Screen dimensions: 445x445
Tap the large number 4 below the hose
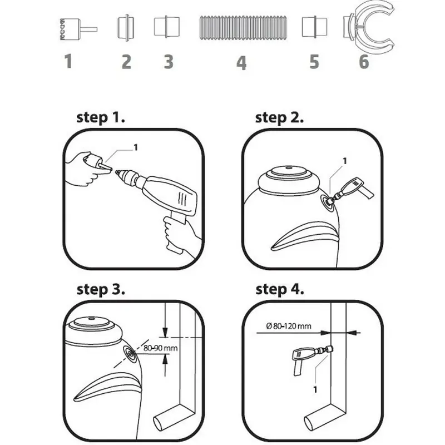(241, 63)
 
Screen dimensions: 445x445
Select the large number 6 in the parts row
(364, 62)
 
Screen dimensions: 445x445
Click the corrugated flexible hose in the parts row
(243, 28)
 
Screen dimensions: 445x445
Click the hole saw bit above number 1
(78, 29)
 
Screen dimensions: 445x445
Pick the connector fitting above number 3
(167, 27)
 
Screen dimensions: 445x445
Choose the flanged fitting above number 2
(126, 27)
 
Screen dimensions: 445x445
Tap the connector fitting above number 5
(314, 27)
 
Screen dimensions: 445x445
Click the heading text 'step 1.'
(101, 118)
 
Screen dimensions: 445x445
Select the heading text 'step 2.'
(279, 118)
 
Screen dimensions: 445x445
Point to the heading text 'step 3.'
(101, 290)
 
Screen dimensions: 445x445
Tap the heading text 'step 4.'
(280, 290)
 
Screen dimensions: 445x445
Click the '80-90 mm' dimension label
(160, 348)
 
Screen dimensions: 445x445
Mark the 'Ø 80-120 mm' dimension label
(289, 326)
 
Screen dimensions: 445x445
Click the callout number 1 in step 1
(136, 147)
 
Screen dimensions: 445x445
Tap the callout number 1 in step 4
(315, 389)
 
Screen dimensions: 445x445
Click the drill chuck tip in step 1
(116, 171)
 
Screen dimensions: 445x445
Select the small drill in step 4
(311, 358)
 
